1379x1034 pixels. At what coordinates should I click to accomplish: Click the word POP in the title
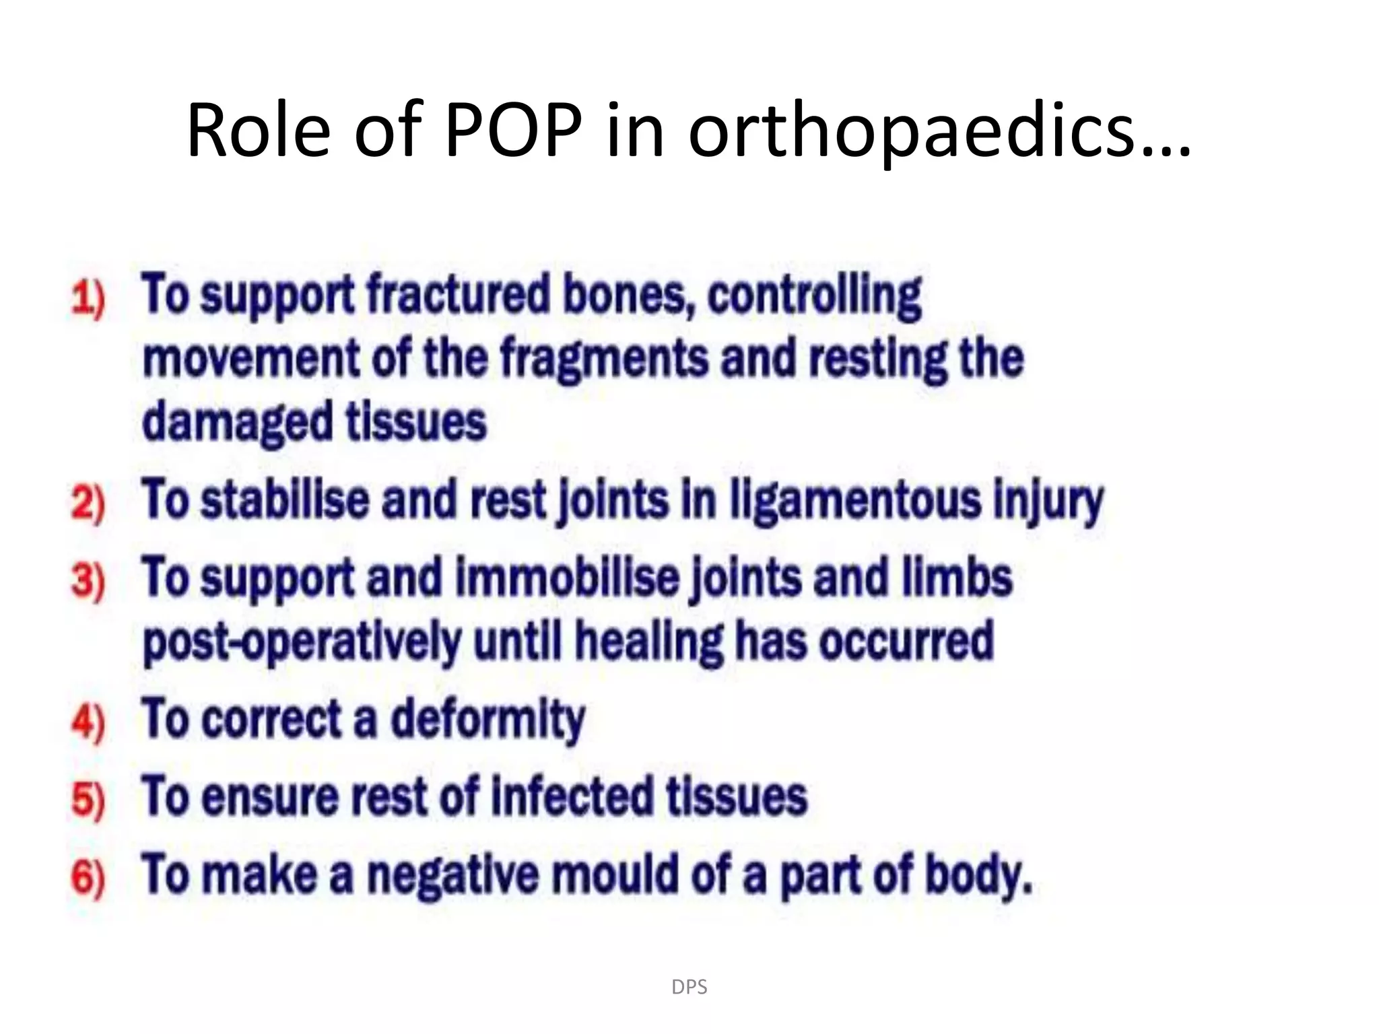513,129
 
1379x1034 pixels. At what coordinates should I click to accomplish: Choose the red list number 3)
88,580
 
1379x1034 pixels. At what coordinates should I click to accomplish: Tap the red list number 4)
88,722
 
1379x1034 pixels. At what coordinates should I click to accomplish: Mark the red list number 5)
88,800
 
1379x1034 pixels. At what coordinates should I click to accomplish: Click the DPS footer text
689,987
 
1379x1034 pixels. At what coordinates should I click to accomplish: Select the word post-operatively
302,642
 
